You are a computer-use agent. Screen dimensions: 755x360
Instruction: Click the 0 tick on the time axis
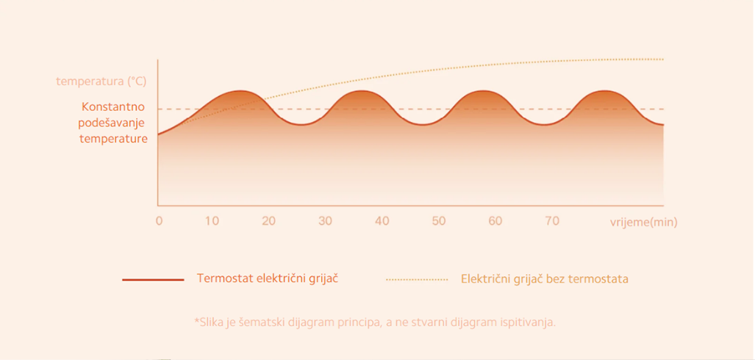click(160, 221)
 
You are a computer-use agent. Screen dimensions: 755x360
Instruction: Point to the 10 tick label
click(212, 221)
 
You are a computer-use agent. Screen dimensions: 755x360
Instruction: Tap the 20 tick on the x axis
click(268, 221)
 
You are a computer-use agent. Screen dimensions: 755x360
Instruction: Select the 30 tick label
click(326, 221)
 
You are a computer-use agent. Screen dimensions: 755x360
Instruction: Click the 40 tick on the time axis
click(382, 221)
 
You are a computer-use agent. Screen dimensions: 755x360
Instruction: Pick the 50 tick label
click(439, 221)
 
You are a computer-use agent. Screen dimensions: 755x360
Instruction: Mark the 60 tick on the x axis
click(495, 221)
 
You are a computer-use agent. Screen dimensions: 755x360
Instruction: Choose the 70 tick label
click(552, 221)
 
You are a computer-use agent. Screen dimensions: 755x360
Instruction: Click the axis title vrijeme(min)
click(644, 223)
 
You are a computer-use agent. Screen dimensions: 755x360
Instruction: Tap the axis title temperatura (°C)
click(101, 82)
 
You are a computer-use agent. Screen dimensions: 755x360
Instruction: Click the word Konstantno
click(113, 107)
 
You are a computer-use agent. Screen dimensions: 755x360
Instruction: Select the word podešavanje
click(111, 123)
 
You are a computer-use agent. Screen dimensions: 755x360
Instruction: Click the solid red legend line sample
click(153, 280)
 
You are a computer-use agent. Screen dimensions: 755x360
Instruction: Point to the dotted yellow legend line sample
click(417, 280)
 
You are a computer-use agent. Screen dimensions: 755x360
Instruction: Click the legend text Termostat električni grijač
click(268, 278)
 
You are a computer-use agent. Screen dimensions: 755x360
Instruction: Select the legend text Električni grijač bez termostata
click(545, 278)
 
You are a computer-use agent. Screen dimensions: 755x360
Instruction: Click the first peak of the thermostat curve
click(240, 91)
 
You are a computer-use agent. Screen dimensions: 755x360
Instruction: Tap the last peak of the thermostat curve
click(604, 91)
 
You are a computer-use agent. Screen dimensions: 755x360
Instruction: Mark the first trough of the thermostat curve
click(301, 125)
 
